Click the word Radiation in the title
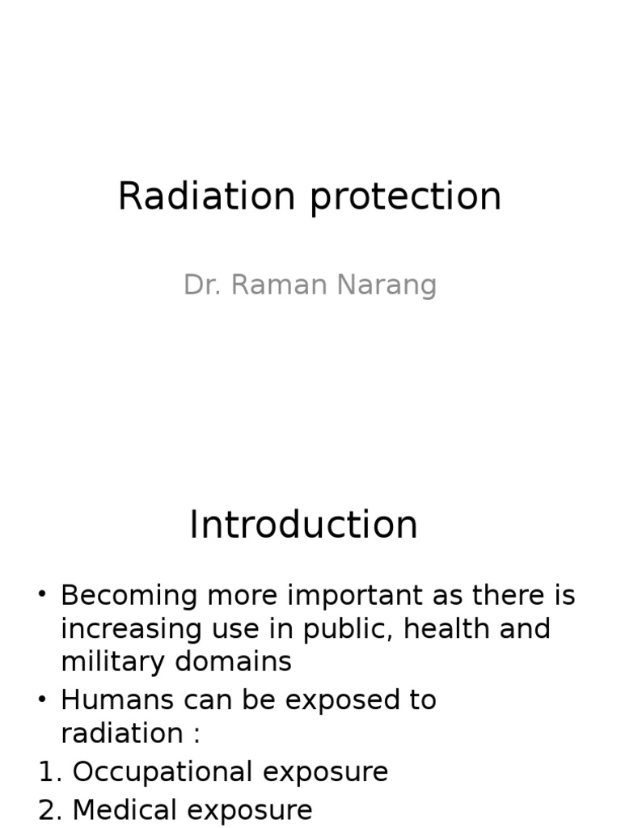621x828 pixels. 206,196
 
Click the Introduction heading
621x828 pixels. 303,525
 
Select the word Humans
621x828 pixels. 118,700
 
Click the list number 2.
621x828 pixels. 49,810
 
